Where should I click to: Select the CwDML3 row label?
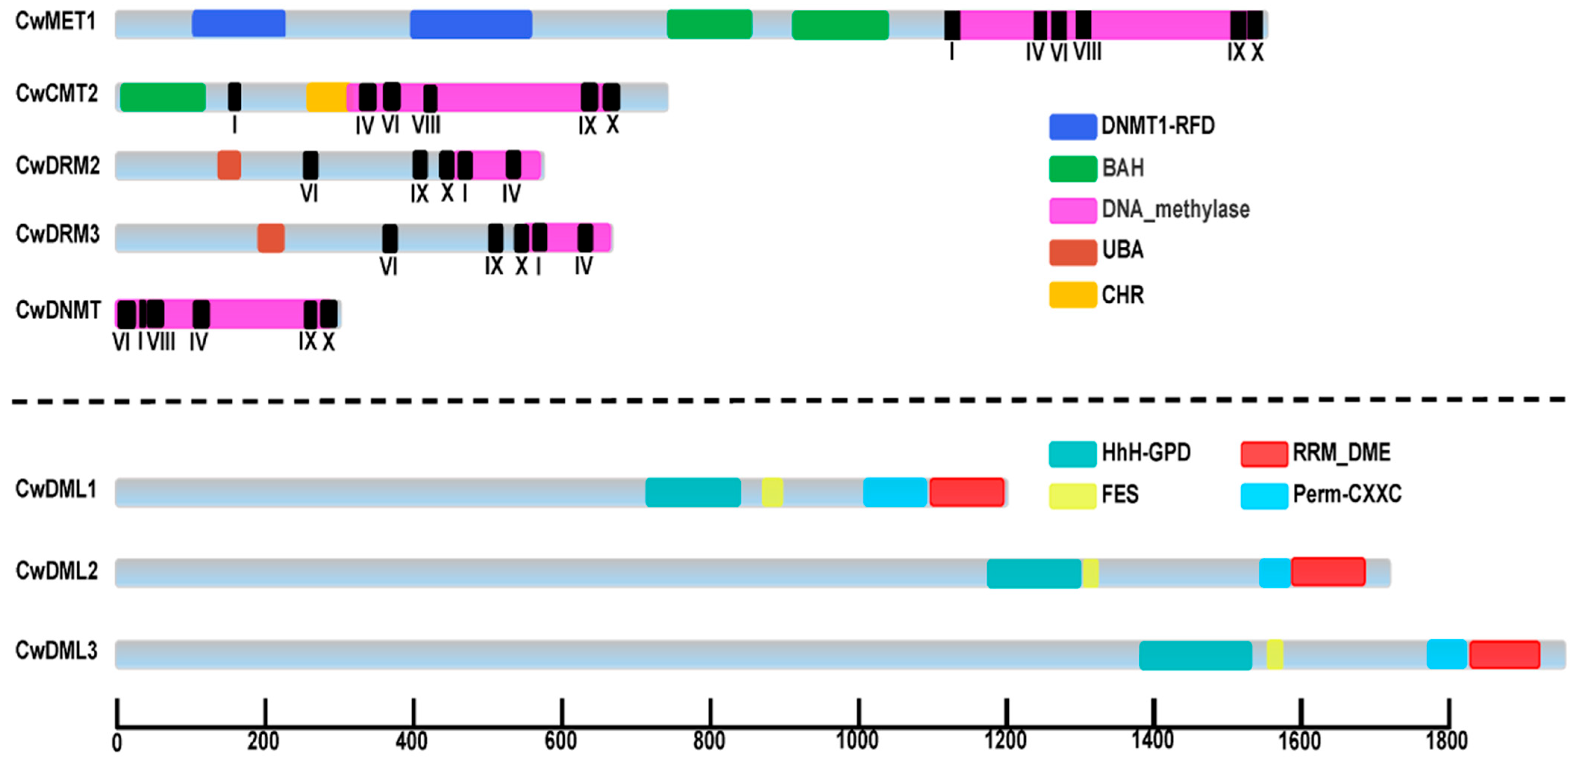56,651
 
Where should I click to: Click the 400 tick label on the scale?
412,741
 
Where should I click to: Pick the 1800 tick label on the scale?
1447,741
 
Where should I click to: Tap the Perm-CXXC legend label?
1347,494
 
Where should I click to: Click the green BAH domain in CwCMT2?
163,97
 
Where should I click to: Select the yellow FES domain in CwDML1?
772,492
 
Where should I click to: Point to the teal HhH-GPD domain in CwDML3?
1195,655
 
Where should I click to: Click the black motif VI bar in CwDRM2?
311,166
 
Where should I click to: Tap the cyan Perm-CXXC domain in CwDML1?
895,492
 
